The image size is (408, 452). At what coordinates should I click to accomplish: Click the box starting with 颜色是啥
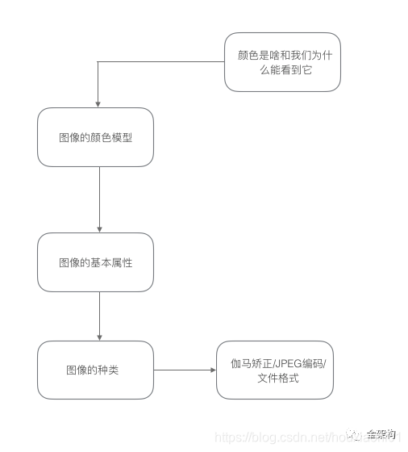pyautogui.click(x=282, y=61)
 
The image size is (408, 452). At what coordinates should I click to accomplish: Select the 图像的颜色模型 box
pyautogui.click(x=95, y=137)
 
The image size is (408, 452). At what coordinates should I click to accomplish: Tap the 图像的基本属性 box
pyautogui.click(x=95, y=262)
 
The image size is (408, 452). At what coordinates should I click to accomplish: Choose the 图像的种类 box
pyautogui.click(x=95, y=370)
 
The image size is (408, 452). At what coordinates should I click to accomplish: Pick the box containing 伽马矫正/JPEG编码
pyautogui.click(x=274, y=370)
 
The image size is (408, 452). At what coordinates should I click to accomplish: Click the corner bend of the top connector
pyautogui.click(x=98, y=61)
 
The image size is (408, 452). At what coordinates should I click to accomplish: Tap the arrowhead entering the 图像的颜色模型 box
pyautogui.click(x=98, y=104)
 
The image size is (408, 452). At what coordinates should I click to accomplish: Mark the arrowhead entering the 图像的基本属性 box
pyautogui.click(x=98, y=229)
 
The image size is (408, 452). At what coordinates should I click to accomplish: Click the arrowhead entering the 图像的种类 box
pyautogui.click(x=98, y=337)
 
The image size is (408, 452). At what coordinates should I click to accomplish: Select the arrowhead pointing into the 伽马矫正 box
pyautogui.click(x=213, y=370)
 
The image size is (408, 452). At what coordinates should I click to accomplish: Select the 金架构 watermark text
pyautogui.click(x=381, y=434)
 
